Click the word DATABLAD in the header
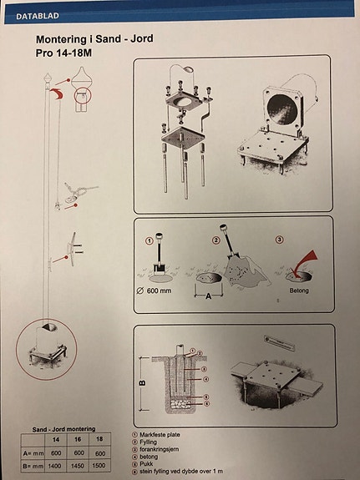[x=33, y=13]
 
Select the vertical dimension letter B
[x=142, y=384]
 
